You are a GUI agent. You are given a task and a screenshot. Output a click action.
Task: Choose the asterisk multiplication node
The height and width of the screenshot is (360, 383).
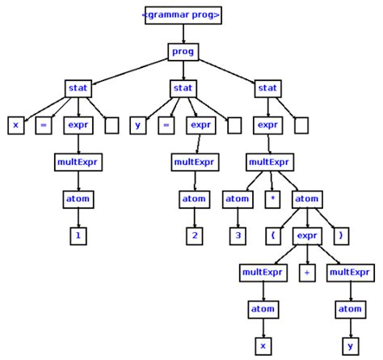tap(273, 198)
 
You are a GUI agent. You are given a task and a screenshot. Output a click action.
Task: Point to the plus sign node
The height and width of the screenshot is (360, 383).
tap(306, 273)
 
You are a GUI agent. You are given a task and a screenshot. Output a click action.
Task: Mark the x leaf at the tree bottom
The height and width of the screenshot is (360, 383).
tap(261, 345)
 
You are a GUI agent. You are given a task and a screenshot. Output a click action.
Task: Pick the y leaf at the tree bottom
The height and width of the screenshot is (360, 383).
tap(351, 345)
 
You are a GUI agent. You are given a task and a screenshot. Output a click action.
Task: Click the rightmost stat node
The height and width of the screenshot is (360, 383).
tap(267, 87)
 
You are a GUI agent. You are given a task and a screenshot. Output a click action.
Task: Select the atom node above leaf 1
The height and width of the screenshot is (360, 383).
tap(78, 198)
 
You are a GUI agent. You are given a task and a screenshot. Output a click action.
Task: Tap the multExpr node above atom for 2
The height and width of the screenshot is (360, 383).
tap(193, 162)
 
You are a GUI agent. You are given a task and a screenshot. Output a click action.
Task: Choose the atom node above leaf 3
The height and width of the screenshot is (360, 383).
tap(237, 198)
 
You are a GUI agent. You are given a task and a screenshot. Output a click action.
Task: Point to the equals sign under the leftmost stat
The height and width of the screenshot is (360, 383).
tap(44, 125)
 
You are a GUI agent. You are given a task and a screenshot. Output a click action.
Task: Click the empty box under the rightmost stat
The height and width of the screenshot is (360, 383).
tap(301, 125)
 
